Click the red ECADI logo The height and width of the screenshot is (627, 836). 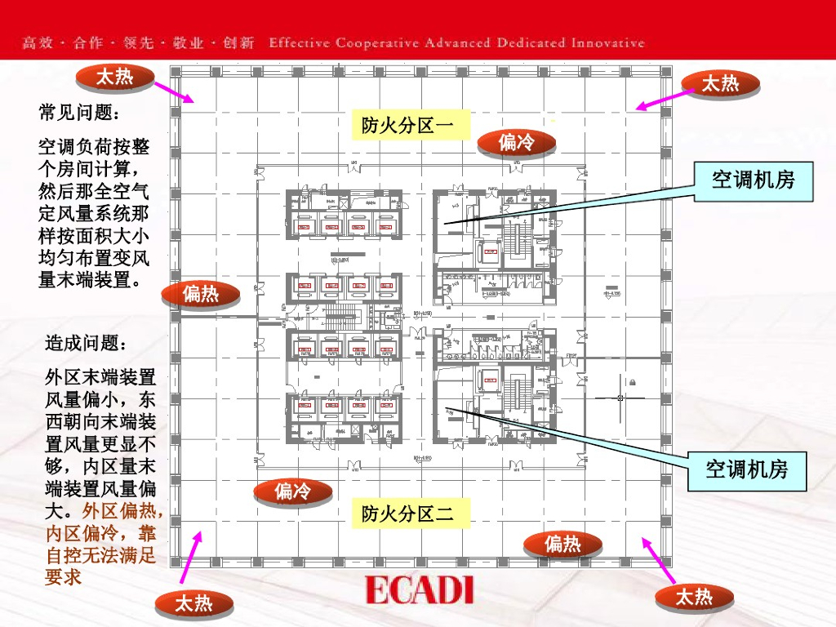pyautogui.click(x=420, y=589)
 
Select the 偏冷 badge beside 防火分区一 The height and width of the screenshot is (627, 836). pyautogui.click(x=516, y=143)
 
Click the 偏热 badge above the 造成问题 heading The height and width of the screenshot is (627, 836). pyautogui.click(x=201, y=293)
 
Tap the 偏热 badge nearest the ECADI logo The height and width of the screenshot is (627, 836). pyautogui.click(x=563, y=544)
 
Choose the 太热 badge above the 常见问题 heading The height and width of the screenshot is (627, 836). pyautogui.click(x=114, y=78)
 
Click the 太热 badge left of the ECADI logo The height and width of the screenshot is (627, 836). pyautogui.click(x=194, y=603)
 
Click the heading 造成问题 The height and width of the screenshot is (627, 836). pyautogui.click(x=86, y=343)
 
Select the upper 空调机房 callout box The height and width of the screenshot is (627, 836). pyautogui.click(x=753, y=180)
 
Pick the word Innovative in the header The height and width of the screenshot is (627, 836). pyautogui.click(x=607, y=42)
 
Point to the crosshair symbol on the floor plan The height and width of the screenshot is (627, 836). pyautogui.click(x=621, y=398)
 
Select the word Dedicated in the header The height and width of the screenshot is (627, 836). pyautogui.click(x=532, y=42)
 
